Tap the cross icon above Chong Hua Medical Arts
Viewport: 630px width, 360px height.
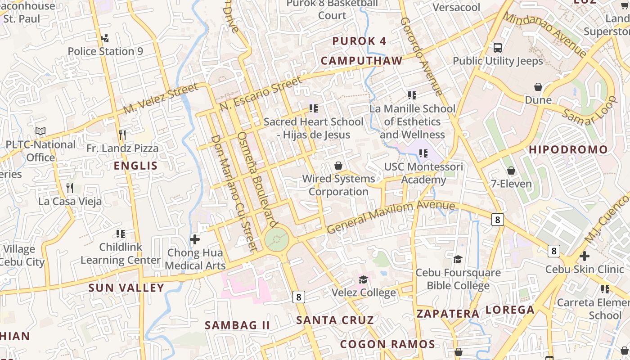tap(195, 239)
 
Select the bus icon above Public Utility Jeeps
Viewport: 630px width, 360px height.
tap(498, 48)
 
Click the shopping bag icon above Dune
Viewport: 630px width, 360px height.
tap(538, 87)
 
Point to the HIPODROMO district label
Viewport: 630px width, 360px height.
tap(568, 149)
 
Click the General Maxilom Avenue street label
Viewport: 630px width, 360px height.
tap(391, 217)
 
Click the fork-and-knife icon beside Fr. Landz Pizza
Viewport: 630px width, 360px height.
tap(122, 135)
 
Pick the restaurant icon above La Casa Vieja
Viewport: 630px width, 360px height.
tap(70, 188)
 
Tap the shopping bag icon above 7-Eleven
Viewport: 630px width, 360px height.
tap(511, 171)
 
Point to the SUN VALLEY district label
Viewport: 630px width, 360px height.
tap(126, 288)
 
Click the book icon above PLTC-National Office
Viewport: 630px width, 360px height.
tap(40, 131)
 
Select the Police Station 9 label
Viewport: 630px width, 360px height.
tap(105, 51)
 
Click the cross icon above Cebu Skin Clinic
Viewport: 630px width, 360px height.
tap(584, 256)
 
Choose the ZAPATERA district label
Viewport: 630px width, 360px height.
tap(447, 314)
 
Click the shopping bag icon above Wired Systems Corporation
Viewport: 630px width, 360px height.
tap(338, 166)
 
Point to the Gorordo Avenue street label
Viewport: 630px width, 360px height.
tap(422, 56)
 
